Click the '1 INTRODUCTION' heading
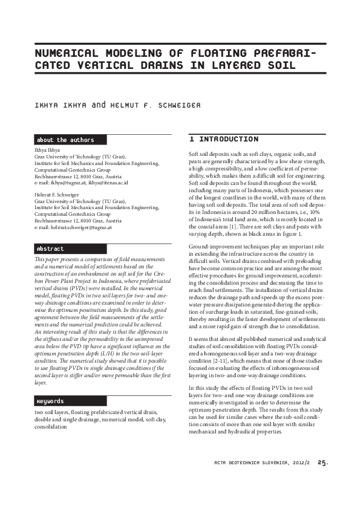pos(223,139)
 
